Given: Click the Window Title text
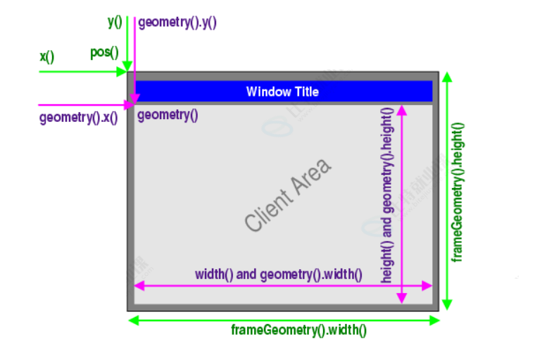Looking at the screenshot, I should pos(282,92).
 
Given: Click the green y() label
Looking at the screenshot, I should pos(115,22).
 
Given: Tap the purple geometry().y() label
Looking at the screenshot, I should pos(177,23).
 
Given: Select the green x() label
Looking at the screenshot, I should pos(47,55).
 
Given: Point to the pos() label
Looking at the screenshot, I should pos(103,52).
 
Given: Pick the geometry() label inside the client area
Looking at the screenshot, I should pos(168,115).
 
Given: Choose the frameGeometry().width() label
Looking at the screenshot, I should pos(298,330).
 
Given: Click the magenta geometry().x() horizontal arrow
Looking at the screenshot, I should pos(84,105).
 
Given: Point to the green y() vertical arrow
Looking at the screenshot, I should pos(127,42).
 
